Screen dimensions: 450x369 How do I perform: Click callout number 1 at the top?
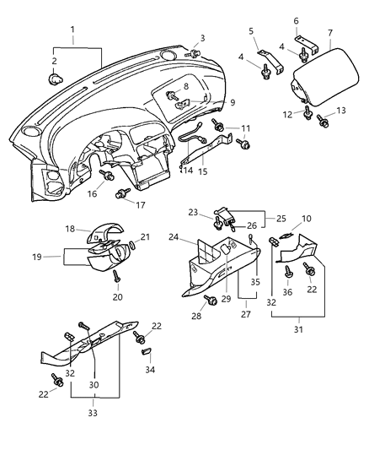tap(72, 30)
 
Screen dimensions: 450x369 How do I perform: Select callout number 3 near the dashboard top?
tap(202, 40)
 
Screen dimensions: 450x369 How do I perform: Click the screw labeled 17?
tap(121, 194)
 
